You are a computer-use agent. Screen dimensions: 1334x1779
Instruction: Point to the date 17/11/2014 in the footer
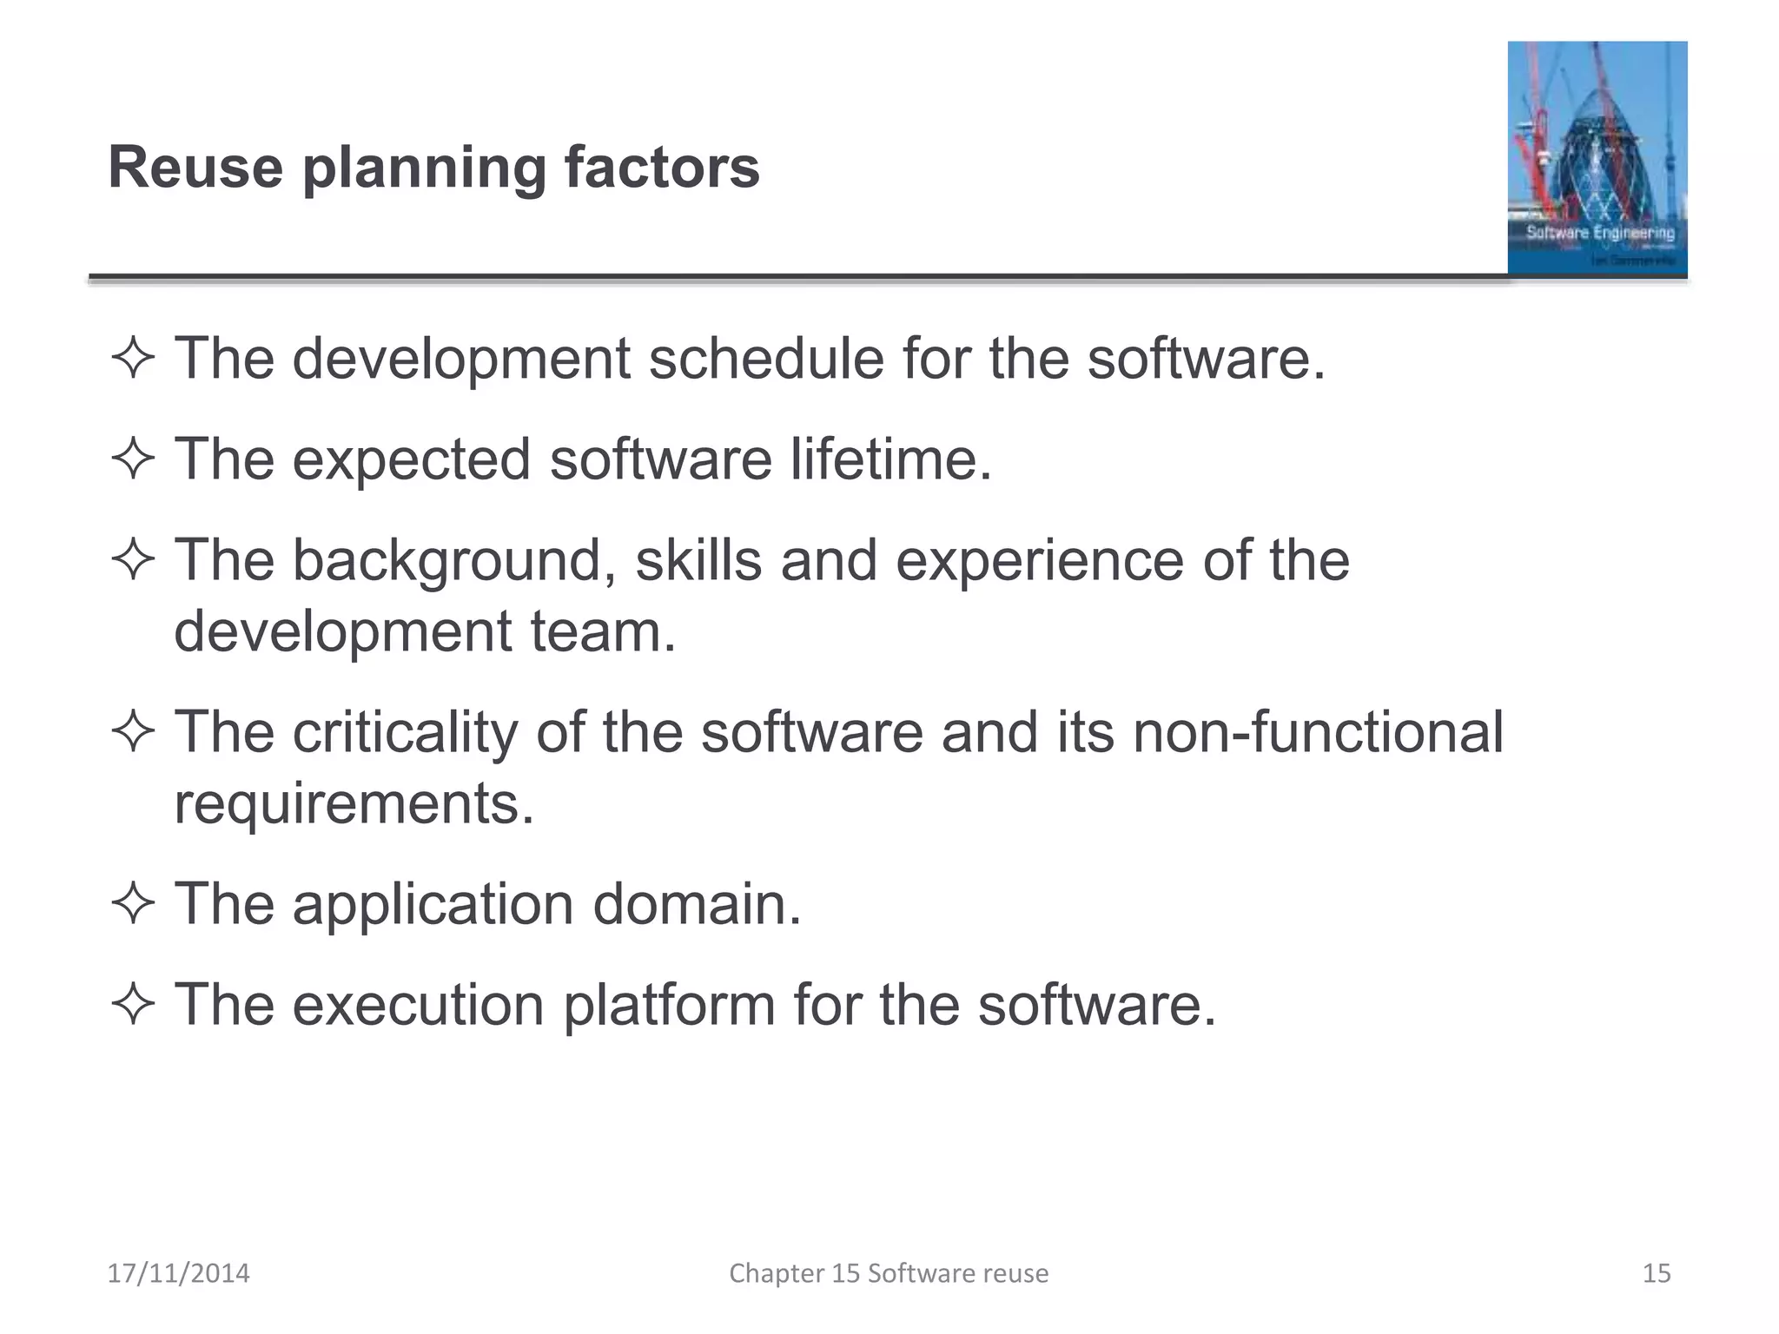coord(178,1273)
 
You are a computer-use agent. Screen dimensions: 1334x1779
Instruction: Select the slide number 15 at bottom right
coord(1657,1273)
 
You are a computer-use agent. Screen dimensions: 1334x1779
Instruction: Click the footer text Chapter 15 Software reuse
coord(889,1273)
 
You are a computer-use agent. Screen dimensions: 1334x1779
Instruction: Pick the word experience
coord(1039,560)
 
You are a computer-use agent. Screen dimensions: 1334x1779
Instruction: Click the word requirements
coord(354,803)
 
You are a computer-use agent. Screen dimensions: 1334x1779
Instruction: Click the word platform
coord(669,1005)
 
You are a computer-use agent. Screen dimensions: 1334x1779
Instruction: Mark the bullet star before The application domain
coord(133,904)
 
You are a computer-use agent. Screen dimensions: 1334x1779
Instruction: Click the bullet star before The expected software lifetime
coord(133,459)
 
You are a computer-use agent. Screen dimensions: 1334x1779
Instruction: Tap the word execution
coord(418,1005)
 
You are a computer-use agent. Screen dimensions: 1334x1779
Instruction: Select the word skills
coord(698,560)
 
